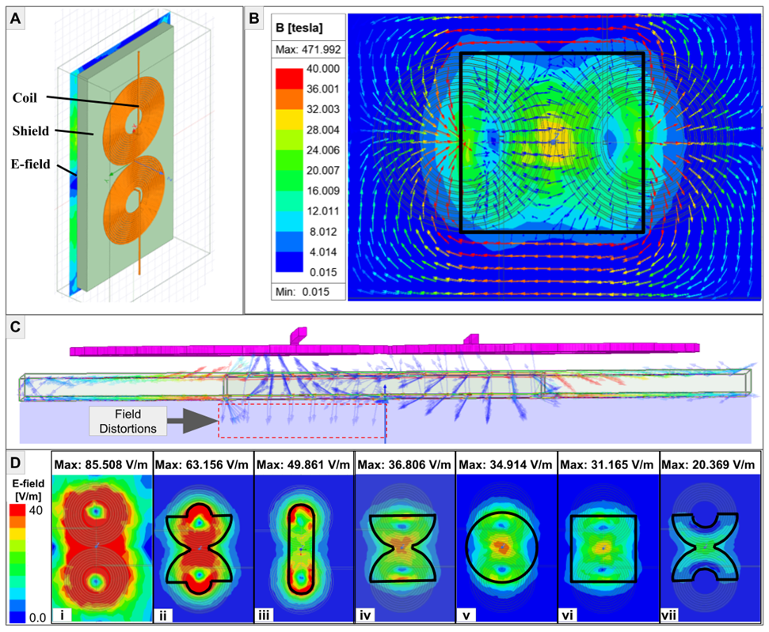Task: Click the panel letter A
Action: (16, 19)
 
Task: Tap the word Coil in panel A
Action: (25, 98)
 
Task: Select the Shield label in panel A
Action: (30, 131)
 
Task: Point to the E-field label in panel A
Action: (30, 164)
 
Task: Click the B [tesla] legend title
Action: (299, 28)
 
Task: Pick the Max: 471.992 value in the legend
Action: (308, 50)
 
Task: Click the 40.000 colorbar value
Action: (322, 69)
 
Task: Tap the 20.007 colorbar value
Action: (322, 171)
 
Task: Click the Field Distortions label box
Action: (128, 422)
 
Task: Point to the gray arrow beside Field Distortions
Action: (192, 422)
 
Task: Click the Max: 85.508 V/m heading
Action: (101, 465)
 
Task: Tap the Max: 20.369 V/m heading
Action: (708, 465)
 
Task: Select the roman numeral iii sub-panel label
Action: (264, 615)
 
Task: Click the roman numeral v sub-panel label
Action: (466, 615)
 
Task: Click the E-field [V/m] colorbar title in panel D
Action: (29, 490)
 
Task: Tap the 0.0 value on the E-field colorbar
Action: (37, 618)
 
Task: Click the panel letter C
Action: (16, 327)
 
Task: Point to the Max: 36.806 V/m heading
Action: (404, 465)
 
